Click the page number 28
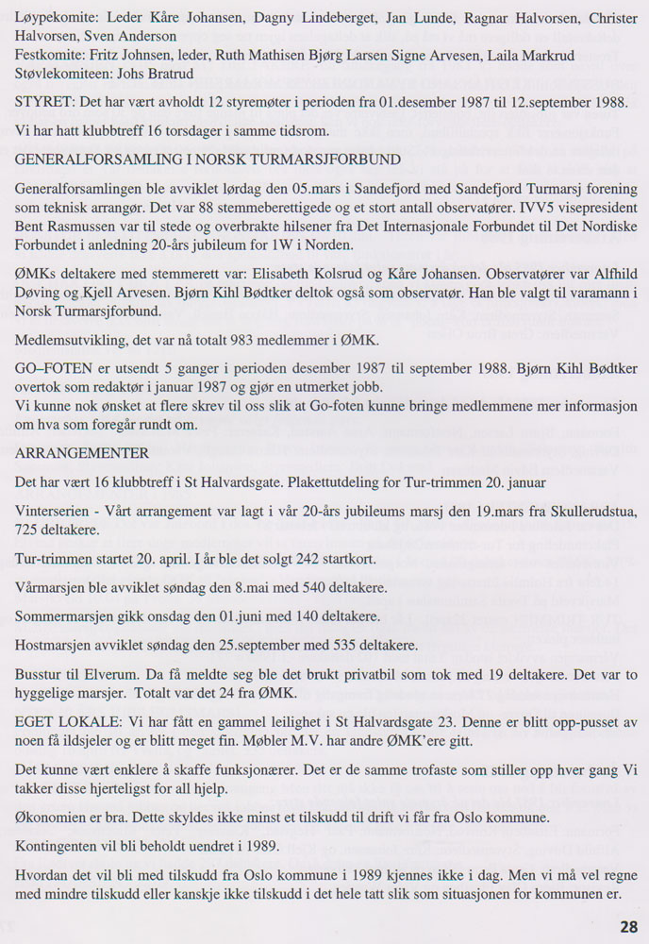629,926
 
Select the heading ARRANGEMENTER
76,452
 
